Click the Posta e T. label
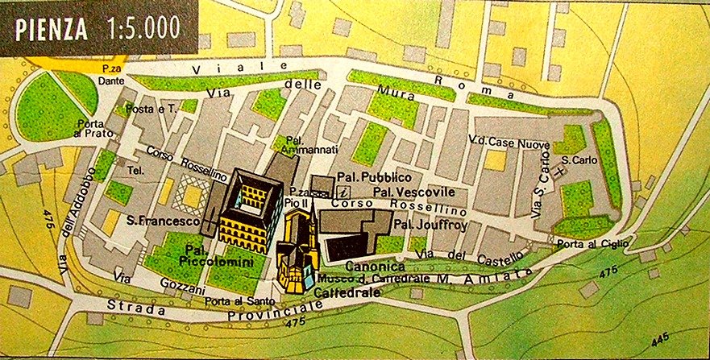[x=156, y=109]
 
